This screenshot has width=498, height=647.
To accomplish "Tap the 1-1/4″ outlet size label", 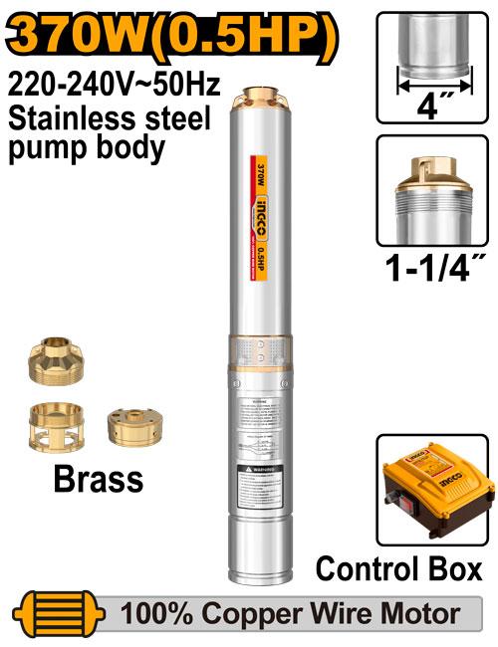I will (434, 268).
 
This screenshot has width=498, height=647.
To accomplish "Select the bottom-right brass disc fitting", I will (133, 425).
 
